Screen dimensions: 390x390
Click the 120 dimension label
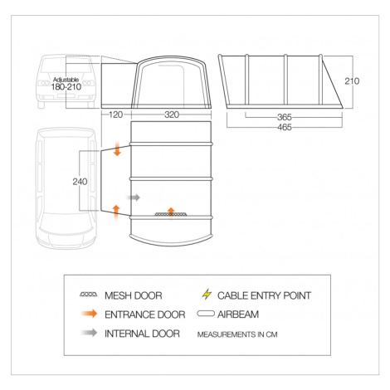[115, 115]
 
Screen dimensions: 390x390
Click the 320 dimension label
[172, 115]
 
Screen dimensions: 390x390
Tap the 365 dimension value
[285, 117]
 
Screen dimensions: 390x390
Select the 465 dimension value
[285, 127]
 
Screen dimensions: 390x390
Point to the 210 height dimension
[352, 81]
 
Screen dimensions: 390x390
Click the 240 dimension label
[80, 182]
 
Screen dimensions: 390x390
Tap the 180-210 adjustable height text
[66, 87]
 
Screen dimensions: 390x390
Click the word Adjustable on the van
[66, 80]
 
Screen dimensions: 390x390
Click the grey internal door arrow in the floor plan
[134, 197]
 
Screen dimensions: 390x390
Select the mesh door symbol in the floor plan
[171, 214]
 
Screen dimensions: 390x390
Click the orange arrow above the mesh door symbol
[171, 212]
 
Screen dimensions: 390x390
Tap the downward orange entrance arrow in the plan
[118, 149]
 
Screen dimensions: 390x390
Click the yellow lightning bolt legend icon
[207, 295]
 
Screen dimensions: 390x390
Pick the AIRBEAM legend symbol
[206, 314]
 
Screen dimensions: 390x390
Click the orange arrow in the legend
[90, 314]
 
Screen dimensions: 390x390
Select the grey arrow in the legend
[90, 333]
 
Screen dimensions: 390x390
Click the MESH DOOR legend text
[134, 295]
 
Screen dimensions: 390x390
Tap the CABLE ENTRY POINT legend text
[264, 295]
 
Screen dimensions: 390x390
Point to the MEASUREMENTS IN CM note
[237, 334]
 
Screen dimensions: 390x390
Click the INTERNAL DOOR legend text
[142, 334]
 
